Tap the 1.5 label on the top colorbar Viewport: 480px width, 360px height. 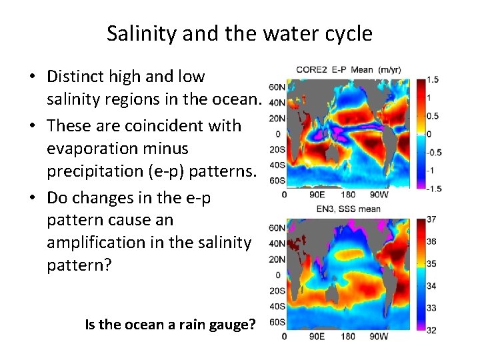point(433,80)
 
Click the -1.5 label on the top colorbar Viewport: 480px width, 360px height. point(432,189)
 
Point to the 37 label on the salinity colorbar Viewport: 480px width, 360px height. point(431,219)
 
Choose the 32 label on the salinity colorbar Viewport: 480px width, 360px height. point(431,329)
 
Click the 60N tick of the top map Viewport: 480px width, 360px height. point(277,87)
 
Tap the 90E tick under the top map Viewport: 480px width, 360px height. point(317,195)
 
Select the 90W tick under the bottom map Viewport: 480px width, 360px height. point(378,337)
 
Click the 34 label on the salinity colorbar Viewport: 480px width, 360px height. point(431,285)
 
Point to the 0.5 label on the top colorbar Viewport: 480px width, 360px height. point(433,116)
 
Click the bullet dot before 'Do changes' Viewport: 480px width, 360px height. point(32,198)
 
